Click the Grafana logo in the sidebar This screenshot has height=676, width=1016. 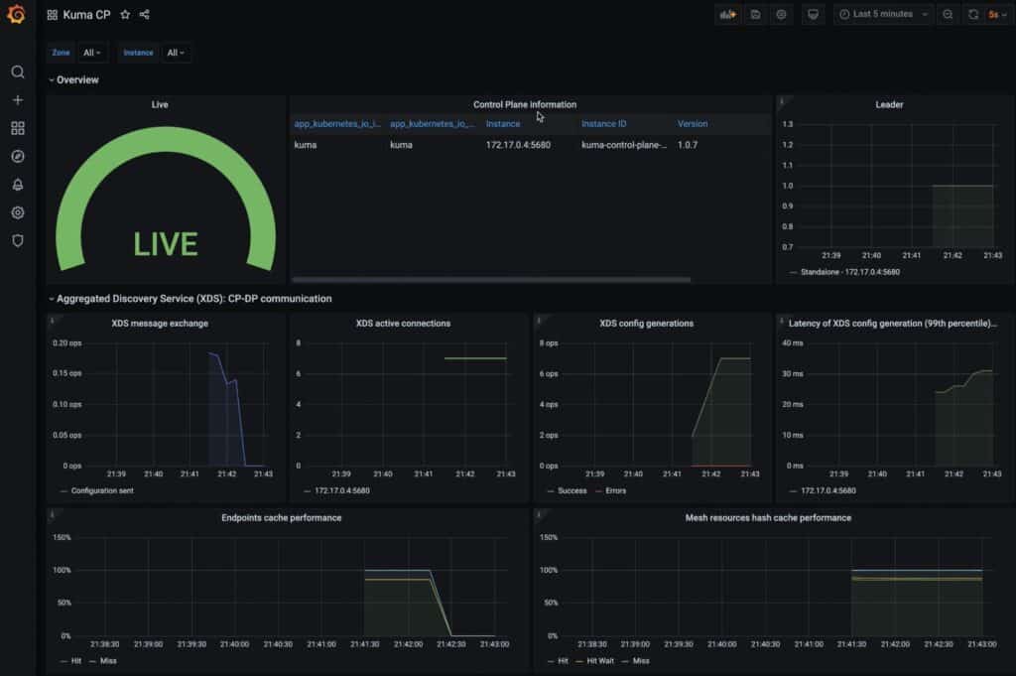(x=16, y=16)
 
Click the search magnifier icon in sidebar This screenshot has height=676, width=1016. (x=17, y=71)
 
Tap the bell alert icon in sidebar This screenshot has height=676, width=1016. (x=17, y=185)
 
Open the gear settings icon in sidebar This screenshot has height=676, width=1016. (x=17, y=212)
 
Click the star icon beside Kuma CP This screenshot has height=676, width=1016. (x=125, y=15)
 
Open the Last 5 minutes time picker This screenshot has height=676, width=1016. (x=883, y=15)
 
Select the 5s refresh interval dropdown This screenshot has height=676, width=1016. (x=995, y=15)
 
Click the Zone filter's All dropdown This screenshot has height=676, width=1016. (x=93, y=53)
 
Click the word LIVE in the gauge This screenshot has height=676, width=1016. (x=166, y=244)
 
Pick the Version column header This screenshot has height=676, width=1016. (x=693, y=124)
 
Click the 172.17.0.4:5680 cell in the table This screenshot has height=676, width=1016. (x=517, y=145)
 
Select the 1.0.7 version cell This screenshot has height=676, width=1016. (x=691, y=145)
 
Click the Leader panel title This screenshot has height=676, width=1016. (x=889, y=104)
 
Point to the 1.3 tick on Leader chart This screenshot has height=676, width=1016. (x=788, y=124)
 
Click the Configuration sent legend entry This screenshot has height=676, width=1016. (x=102, y=490)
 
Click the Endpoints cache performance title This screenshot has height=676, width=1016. (x=281, y=517)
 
